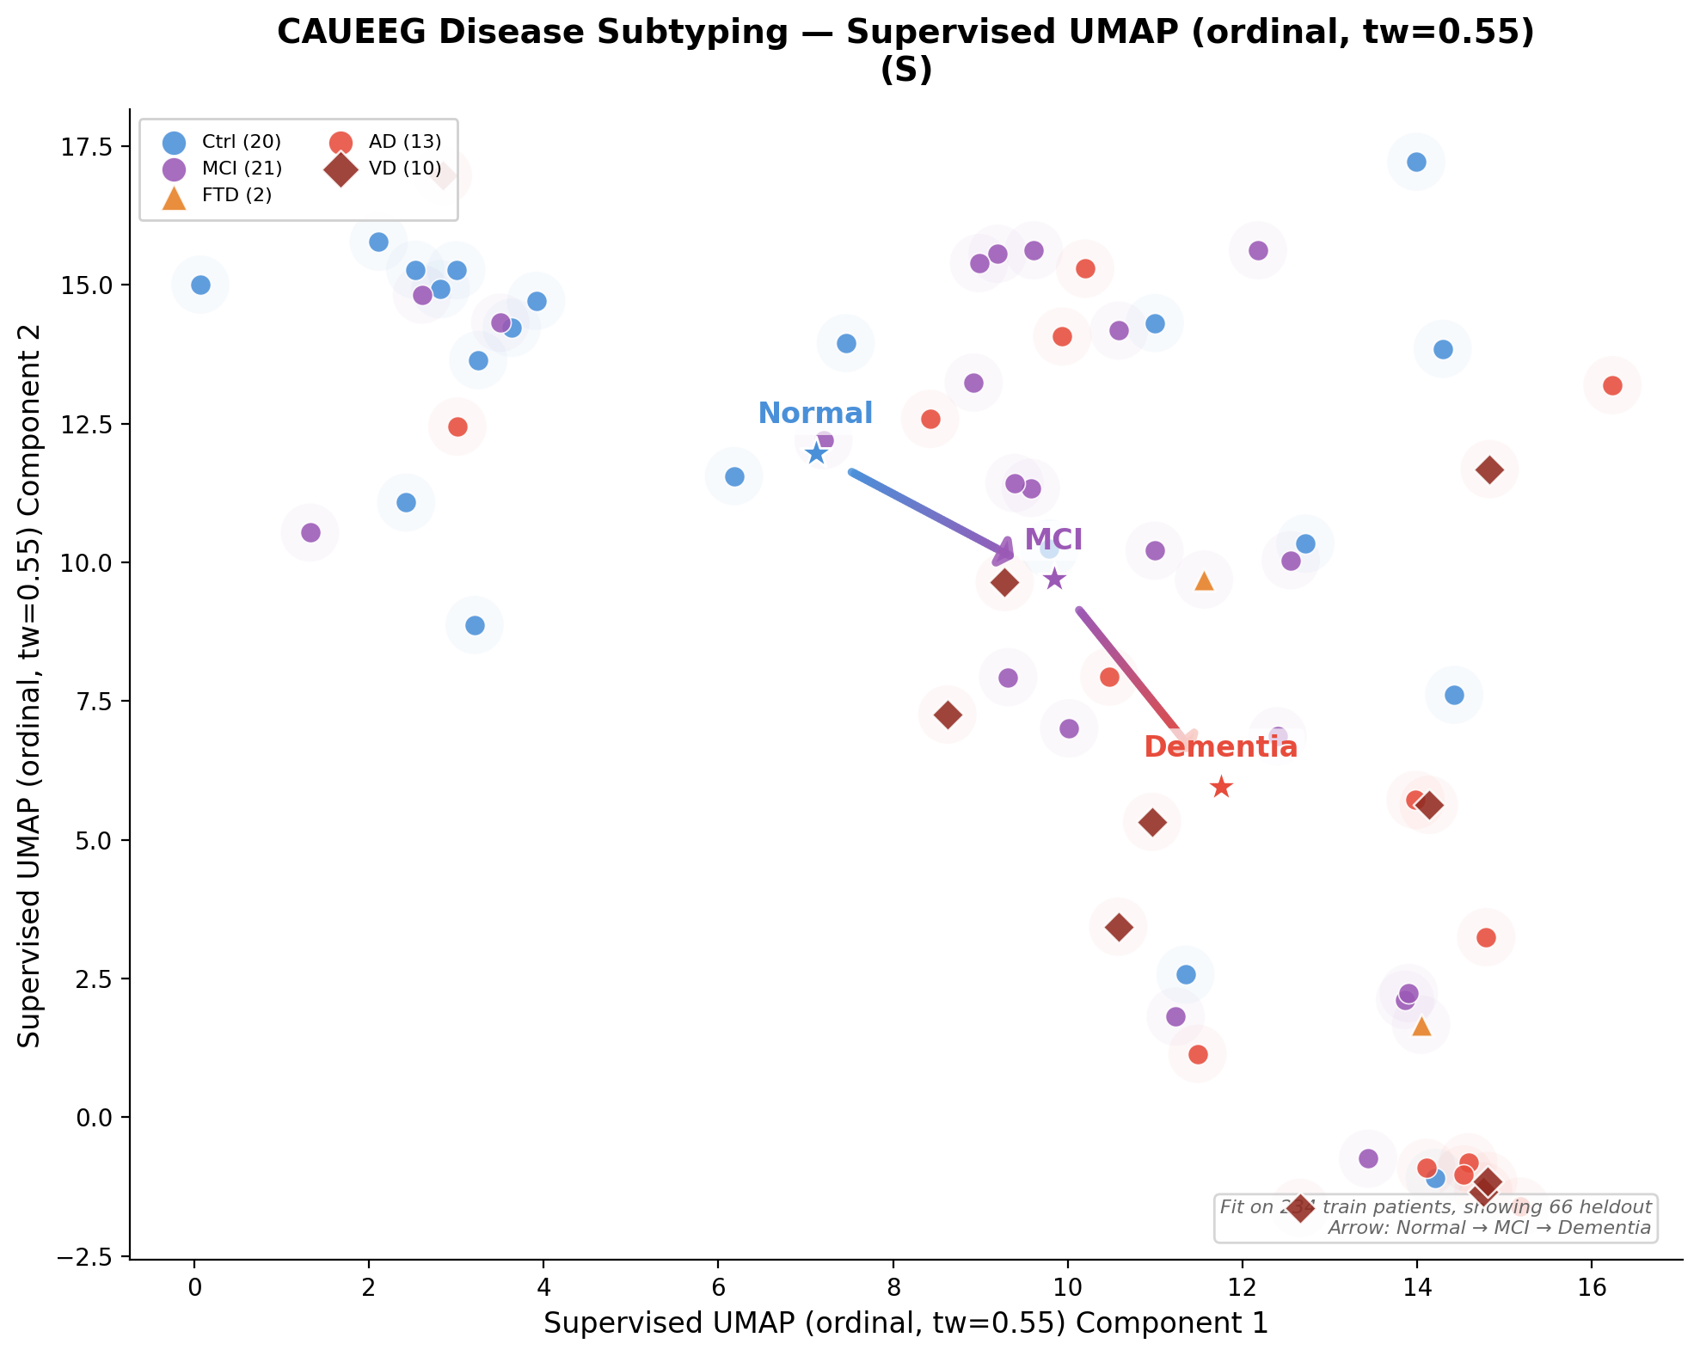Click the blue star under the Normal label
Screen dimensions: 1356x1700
(x=816, y=453)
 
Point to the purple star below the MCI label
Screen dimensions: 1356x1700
(x=1054, y=579)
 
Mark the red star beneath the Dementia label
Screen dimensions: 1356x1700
(x=1221, y=787)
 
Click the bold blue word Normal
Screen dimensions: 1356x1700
(x=815, y=414)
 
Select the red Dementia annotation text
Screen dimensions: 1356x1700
(x=1220, y=747)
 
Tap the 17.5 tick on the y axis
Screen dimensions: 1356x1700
(x=87, y=147)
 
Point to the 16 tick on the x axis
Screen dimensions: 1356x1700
(x=1592, y=1287)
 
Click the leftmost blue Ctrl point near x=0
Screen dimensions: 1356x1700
(x=200, y=285)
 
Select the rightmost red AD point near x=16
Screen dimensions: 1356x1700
(x=1612, y=385)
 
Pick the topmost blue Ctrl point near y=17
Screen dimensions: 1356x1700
(x=1416, y=162)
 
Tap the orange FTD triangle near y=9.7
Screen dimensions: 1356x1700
(x=1204, y=581)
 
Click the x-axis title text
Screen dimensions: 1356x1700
(x=905, y=1323)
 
